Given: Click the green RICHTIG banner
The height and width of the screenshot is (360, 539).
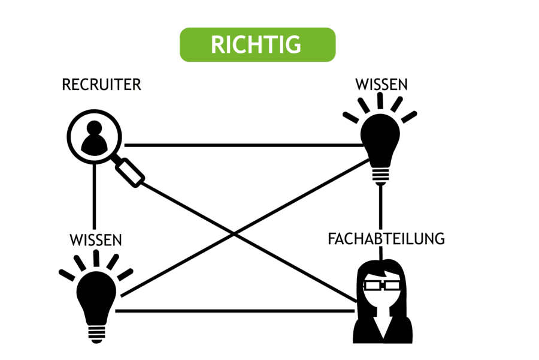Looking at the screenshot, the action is (258, 45).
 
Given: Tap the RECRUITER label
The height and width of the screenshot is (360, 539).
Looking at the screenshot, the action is (101, 85).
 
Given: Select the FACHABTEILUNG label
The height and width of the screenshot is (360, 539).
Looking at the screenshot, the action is (386, 239).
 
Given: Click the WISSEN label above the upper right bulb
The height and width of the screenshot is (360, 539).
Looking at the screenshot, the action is (381, 85).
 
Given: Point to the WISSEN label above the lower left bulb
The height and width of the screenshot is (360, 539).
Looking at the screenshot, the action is (96, 240).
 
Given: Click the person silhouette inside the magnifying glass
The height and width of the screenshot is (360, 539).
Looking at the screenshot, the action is (94, 138).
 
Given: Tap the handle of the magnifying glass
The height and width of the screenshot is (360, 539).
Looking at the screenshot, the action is (129, 173).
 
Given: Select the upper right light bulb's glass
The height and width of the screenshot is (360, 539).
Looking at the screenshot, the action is (380, 140).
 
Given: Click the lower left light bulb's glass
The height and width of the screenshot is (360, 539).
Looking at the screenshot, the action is (96, 298).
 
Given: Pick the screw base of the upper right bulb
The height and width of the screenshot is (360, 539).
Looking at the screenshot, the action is (380, 176).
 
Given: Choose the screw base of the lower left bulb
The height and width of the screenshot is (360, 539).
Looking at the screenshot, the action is (96, 334).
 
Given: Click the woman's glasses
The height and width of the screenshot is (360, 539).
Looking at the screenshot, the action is (382, 285).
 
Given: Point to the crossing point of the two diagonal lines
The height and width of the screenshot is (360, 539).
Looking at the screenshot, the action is (234, 235).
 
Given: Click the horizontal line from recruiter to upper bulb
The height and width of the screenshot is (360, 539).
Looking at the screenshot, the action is (244, 145).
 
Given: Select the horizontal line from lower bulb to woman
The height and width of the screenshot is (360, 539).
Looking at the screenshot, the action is (235, 311).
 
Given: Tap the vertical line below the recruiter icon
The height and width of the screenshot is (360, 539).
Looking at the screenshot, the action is (95, 196).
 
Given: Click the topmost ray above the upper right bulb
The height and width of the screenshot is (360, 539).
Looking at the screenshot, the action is (380, 101).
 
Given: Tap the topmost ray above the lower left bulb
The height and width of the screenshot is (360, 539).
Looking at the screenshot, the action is (96, 258).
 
